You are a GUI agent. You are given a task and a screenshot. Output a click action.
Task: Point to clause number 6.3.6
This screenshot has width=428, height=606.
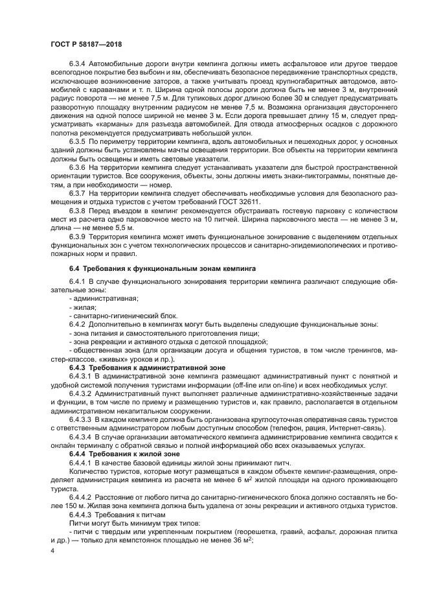click(79, 167)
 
